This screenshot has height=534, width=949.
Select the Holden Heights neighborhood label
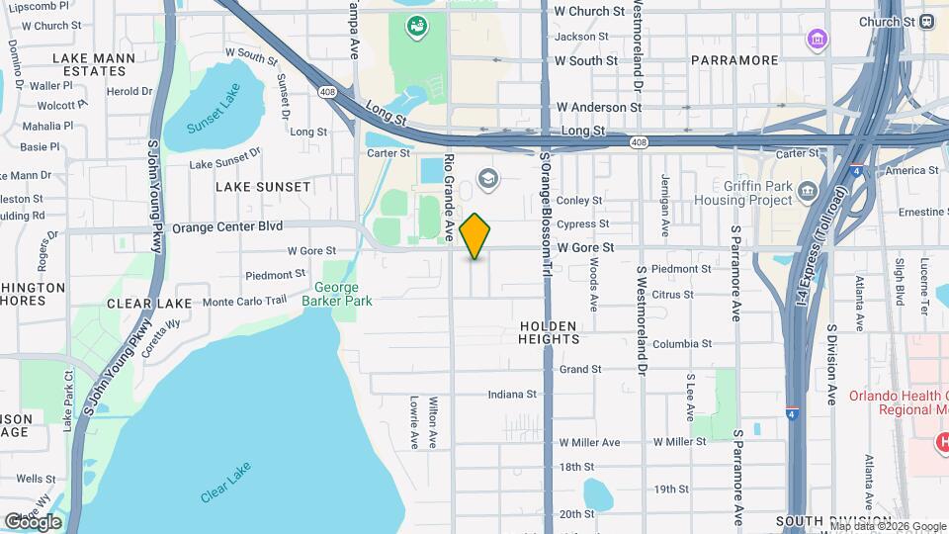[x=549, y=332]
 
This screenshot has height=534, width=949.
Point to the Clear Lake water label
[x=225, y=482]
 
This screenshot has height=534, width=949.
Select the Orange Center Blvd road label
[x=227, y=226]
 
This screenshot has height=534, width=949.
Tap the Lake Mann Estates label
[x=94, y=65]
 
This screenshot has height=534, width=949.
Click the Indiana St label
[x=511, y=395]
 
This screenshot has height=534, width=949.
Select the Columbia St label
[x=681, y=344]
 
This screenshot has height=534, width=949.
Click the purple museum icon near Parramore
[x=818, y=40]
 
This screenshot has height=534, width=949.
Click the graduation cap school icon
[x=486, y=179]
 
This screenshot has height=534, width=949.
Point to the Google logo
[x=33, y=521]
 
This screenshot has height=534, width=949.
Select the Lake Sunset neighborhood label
[x=263, y=187]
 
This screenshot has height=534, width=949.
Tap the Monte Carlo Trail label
[x=244, y=301]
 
